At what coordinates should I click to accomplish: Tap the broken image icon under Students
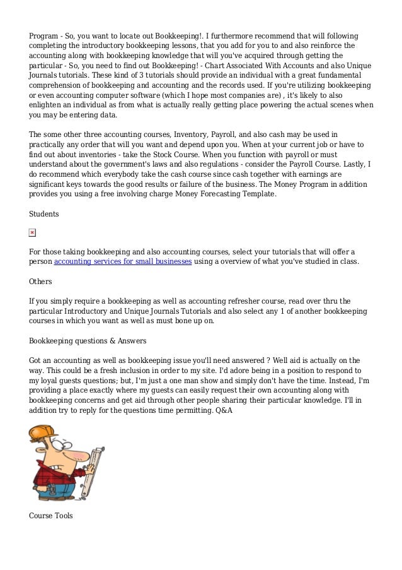click(x=33, y=233)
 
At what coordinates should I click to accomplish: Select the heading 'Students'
click(x=44, y=214)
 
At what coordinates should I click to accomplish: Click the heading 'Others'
click(x=41, y=281)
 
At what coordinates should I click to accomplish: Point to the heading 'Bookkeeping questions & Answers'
click(x=88, y=341)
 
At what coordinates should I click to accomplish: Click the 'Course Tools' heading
click(x=51, y=516)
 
